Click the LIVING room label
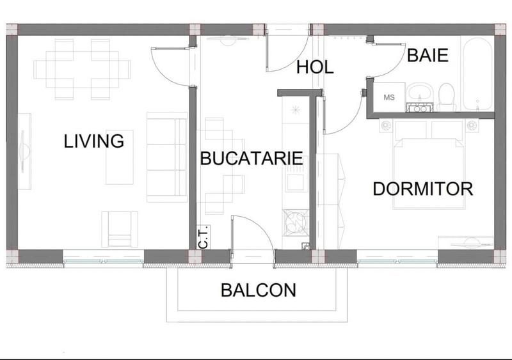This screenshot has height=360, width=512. pos(93,141)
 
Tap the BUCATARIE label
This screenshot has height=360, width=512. pos(252,158)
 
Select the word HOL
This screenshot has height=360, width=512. pos(315,67)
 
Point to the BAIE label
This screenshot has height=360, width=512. pos(428,55)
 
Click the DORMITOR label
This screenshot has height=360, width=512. pos(423,189)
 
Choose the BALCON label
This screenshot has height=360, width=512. pos(259,290)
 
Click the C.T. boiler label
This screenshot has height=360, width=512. pos(204,237)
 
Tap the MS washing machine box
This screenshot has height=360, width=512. pos(389,97)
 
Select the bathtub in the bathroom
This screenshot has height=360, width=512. pos(477,74)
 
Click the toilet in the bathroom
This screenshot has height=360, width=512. pos(446,97)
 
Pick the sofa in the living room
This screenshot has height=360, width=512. pos(167,157)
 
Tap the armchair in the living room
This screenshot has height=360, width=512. pos(120,229)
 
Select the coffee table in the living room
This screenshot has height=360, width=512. pos(120,157)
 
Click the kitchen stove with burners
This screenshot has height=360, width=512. pos(296,223)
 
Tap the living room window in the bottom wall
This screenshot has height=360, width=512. pos(104,261)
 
